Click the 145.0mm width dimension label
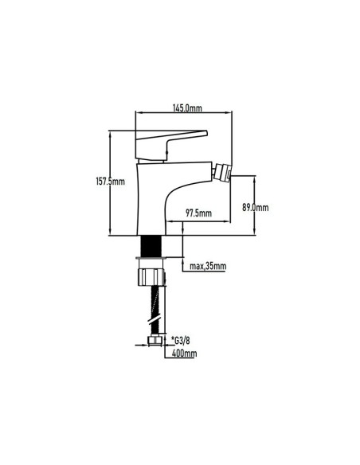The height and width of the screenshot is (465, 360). click(x=187, y=108)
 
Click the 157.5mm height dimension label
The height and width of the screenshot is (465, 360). click(x=111, y=182)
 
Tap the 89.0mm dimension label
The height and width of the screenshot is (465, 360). click(x=256, y=207)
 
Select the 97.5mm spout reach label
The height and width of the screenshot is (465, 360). click(x=198, y=213)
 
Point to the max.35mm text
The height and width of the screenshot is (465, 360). click(x=208, y=266)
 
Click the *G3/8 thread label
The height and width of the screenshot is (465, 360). click(x=180, y=341)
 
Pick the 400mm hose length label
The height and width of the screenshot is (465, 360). click(x=184, y=354)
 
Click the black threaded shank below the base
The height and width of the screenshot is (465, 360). click(x=151, y=246)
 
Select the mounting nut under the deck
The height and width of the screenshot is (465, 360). click(x=151, y=277)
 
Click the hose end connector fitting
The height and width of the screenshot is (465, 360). click(x=155, y=341)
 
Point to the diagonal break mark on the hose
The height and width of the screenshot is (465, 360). click(x=155, y=321)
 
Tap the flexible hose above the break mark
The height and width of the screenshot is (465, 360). click(x=155, y=302)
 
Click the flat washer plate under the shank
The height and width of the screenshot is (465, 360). click(x=151, y=258)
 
